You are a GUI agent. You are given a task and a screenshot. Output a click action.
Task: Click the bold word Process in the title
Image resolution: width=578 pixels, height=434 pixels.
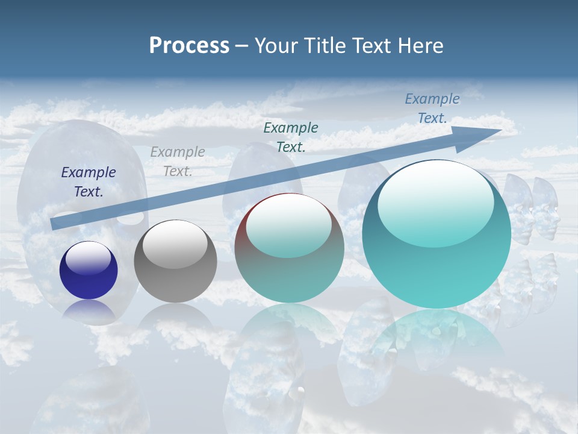[x=189, y=46]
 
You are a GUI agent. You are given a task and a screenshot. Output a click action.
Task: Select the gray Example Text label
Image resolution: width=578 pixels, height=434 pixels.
[x=178, y=162]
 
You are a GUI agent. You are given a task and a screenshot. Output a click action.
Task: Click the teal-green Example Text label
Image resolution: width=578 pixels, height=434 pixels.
[x=291, y=137]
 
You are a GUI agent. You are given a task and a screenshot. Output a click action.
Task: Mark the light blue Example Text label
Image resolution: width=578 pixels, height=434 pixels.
[x=432, y=108]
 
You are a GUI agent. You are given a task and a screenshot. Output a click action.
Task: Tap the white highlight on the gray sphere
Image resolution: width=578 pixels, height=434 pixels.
[x=175, y=244]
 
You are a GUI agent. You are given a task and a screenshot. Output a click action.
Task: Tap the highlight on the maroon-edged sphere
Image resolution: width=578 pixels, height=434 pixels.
[x=289, y=226]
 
